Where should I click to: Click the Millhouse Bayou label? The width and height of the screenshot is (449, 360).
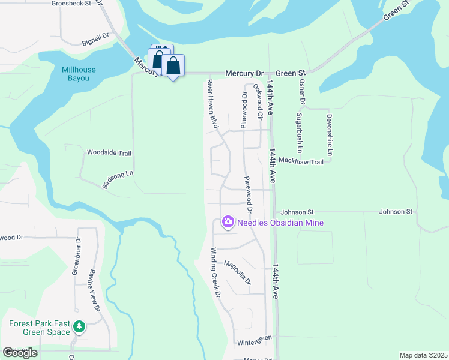point(79,74)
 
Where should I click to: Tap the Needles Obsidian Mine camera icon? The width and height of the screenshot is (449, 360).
point(228,223)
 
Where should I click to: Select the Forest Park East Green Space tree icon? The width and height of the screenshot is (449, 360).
point(79,328)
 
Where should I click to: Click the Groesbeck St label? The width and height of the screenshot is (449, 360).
point(71,3)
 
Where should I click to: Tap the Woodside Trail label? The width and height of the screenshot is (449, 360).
point(109,153)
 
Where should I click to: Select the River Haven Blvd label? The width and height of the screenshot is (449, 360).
point(212,104)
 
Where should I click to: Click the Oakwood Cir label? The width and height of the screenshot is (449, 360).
point(258,100)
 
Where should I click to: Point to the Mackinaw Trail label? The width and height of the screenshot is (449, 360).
point(301,162)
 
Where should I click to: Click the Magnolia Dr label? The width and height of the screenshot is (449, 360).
point(237,272)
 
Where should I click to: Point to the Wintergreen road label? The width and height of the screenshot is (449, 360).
point(255,341)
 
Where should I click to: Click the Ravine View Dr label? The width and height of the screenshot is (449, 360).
point(95,290)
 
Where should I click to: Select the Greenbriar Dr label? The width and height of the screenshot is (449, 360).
point(77,259)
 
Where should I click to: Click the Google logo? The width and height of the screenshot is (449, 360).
point(20,353)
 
